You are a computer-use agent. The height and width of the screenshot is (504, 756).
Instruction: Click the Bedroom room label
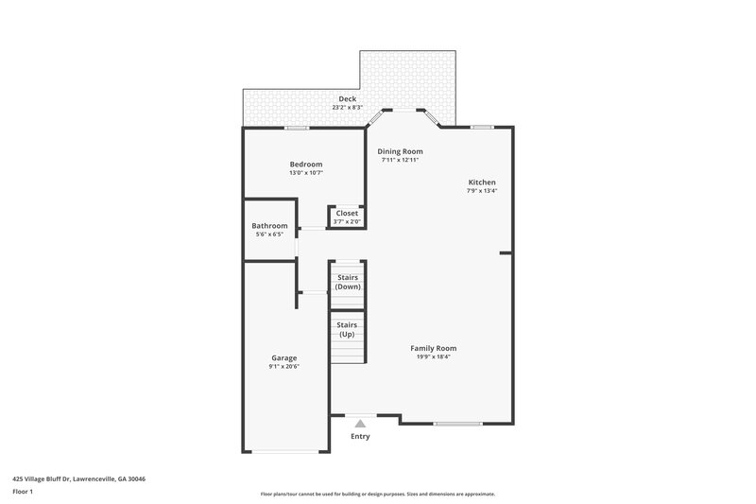coord(305,164)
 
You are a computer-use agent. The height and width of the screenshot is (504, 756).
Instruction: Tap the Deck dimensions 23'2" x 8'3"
coord(348,107)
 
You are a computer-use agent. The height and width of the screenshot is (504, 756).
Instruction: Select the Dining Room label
coord(400,151)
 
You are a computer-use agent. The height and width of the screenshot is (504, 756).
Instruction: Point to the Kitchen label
coord(482,182)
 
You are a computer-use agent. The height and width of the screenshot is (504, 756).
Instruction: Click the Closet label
coord(347,214)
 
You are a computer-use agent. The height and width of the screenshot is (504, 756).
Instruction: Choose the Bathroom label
coord(269,225)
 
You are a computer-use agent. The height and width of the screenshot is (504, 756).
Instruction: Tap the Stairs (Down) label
coord(348,282)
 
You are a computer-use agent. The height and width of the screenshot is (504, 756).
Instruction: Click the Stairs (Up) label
coord(347,329)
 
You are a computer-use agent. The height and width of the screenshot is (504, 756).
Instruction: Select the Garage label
coord(284,357)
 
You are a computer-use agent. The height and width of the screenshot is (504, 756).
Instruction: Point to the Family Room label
coord(434,348)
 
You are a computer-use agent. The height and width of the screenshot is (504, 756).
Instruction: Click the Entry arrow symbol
coord(360,424)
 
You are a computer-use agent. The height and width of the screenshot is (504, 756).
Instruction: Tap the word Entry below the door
coord(360,436)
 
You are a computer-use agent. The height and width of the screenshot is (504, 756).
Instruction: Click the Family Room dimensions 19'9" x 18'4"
coord(434,356)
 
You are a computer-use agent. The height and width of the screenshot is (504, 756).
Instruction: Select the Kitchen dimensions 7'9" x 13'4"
coord(482,190)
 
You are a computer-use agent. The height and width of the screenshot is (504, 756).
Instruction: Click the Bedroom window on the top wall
coord(297,128)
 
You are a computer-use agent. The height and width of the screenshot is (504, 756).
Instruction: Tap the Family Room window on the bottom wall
coord(457,423)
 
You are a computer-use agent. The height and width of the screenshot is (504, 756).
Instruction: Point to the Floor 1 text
coord(23,492)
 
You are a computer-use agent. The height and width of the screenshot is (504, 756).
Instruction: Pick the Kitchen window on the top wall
coord(482,127)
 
